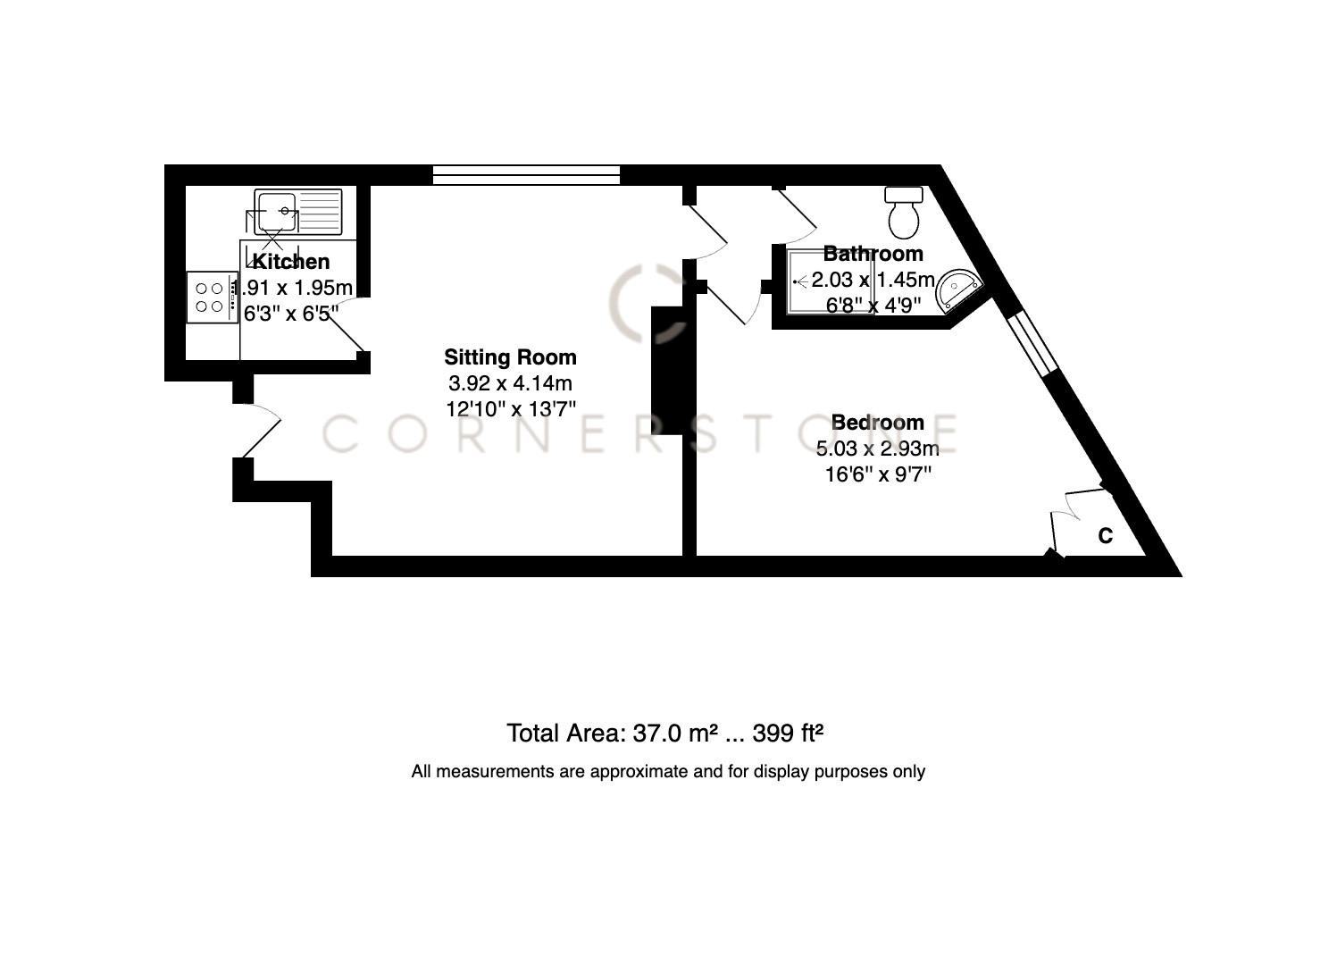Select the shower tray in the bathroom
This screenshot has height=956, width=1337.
[815, 281]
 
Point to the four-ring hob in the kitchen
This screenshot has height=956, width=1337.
[210, 298]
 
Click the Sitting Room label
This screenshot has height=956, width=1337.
[510, 357]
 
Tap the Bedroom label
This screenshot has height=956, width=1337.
[877, 422]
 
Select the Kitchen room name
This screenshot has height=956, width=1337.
[291, 262]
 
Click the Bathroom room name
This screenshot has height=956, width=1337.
[873, 254]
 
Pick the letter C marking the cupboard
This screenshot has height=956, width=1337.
[1105, 536]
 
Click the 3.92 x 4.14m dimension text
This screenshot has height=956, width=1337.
[510, 383]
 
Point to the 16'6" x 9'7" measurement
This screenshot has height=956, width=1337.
[877, 474]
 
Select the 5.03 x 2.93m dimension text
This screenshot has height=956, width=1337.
[877, 449]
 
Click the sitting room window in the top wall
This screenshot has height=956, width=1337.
[526, 175]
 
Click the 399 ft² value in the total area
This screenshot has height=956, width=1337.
[787, 734]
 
